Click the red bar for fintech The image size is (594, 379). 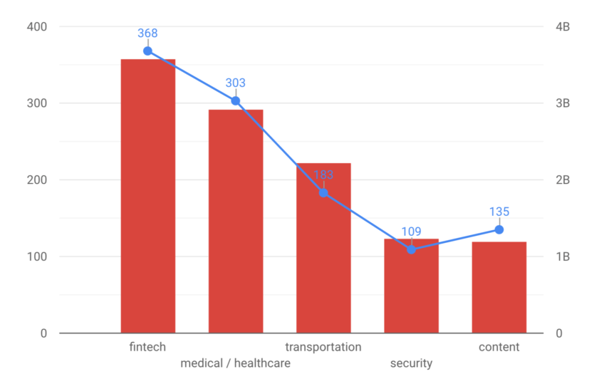point(148,196)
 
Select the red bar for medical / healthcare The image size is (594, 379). point(236,222)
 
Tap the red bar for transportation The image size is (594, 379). point(323,248)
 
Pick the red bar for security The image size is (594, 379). point(412,286)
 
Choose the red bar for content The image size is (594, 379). point(499,287)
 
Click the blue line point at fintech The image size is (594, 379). point(147,51)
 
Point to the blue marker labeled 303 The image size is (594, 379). point(236,101)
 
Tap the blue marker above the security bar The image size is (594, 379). point(412,249)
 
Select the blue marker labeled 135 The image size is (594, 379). point(499,229)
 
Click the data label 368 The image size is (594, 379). point(147,33)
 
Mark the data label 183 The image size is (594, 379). point(323,175)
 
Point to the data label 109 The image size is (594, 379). point(412,232)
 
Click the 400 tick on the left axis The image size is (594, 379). point(37,26)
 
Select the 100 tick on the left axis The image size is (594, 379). point(37,256)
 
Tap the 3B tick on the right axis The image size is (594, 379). point(563,103)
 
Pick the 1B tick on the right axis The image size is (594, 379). point(563,256)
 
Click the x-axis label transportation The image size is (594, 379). point(323,347)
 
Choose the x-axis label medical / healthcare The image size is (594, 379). point(236,363)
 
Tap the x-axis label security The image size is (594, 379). point(412,363)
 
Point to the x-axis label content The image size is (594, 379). point(499,347)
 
